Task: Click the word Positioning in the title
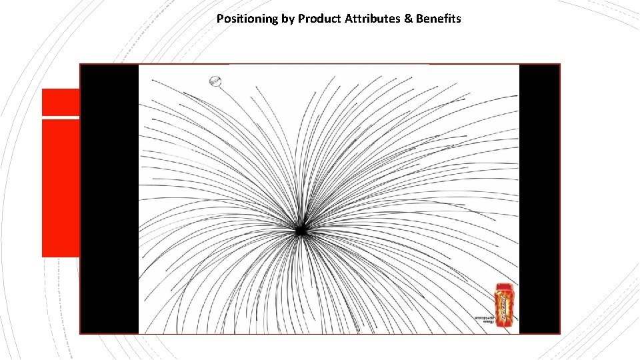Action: pos(247,19)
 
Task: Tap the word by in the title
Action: pos(288,19)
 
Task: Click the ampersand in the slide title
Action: pos(407,19)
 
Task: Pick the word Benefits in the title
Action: pos(438,19)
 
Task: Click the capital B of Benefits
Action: pos(419,19)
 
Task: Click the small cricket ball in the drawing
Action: pos(215,81)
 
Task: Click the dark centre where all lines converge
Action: pos(300,230)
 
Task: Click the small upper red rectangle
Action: pos(60,102)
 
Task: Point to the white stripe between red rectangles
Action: pos(60,117)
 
